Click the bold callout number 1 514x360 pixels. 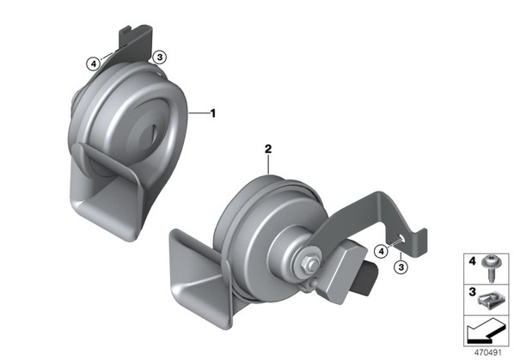(213, 113)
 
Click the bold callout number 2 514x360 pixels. (268, 149)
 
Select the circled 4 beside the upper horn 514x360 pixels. (94, 64)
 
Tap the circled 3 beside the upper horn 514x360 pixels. (160, 57)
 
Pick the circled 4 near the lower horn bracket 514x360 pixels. (381, 252)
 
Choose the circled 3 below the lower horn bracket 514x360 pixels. (401, 267)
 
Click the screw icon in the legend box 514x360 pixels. (489, 268)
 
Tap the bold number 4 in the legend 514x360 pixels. (472, 261)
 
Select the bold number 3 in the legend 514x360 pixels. (472, 291)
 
